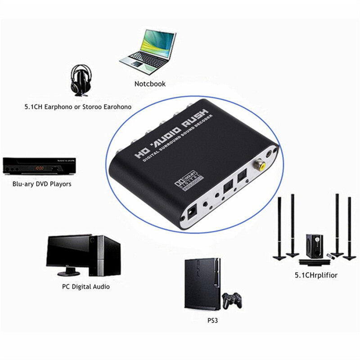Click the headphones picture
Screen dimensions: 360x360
point(83,81)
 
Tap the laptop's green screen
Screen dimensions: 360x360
point(155,47)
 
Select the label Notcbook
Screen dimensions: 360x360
point(150,84)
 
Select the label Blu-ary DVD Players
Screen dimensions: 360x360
point(42,184)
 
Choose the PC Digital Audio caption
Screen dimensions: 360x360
point(85,286)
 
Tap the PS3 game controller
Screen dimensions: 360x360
point(232,300)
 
